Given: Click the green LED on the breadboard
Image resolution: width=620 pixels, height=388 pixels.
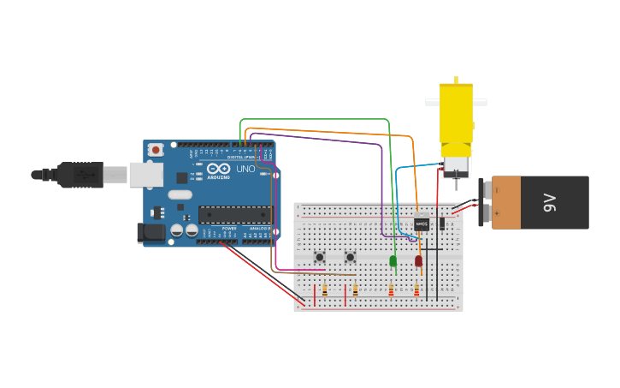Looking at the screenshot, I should click(x=393, y=260).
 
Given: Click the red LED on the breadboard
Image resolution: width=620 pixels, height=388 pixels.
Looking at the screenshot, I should click(x=418, y=260).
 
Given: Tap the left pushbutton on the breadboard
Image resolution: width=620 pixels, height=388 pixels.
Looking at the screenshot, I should click(x=320, y=257).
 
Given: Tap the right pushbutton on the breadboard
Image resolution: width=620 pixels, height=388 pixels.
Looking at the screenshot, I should click(x=350, y=257).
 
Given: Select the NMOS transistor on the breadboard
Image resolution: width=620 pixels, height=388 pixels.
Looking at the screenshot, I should click(x=422, y=224).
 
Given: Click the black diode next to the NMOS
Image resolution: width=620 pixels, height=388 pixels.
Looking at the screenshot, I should click(x=442, y=224).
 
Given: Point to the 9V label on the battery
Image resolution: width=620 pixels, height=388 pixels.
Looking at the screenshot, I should click(x=550, y=203).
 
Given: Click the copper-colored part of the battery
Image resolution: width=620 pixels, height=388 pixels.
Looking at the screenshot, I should click(x=505, y=203).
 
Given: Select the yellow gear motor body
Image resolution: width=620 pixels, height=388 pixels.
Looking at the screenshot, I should click(x=456, y=111).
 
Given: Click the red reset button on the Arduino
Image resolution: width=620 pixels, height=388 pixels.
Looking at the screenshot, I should click(x=156, y=150).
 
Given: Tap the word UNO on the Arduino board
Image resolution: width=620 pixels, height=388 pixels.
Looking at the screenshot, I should click(x=245, y=169).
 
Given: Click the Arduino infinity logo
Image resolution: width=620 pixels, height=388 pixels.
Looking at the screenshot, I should click(x=218, y=169).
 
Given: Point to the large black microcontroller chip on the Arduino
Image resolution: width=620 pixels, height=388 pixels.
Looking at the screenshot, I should click(x=234, y=214).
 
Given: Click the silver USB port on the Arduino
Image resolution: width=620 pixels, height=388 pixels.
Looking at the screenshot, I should click(x=146, y=175).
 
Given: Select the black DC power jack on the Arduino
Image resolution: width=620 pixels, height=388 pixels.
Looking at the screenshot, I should click(x=151, y=231).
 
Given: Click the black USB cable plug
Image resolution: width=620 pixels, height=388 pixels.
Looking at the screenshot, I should click(x=80, y=174).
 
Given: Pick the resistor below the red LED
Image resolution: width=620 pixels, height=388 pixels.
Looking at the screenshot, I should click(x=416, y=290).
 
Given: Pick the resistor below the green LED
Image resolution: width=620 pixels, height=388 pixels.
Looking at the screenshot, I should click(x=391, y=290).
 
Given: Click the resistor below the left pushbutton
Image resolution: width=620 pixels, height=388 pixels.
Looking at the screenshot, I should click(x=324, y=290).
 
